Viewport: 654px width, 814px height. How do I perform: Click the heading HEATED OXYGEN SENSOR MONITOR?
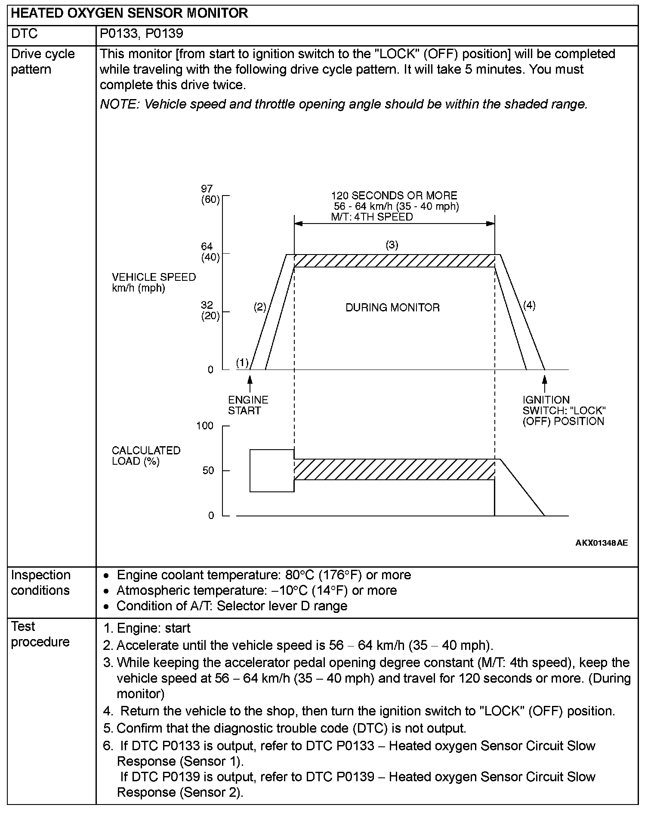tap(129, 13)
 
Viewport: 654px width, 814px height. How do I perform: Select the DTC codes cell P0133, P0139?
tap(142, 34)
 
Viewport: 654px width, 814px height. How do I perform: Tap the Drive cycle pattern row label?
tap(43, 62)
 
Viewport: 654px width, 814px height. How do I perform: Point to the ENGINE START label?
tap(247, 405)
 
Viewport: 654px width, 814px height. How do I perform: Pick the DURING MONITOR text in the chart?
tap(392, 308)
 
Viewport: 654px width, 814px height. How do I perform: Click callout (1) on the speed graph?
tap(242, 363)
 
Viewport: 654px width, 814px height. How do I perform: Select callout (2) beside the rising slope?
tap(259, 307)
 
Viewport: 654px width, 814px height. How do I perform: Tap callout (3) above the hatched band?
tap(392, 245)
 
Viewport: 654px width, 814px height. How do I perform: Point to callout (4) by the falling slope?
tap(529, 305)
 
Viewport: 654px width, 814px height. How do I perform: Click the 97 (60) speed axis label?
tap(210, 194)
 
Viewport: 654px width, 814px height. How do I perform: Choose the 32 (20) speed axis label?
tap(210, 311)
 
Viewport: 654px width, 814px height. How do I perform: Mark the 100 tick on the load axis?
tap(205, 426)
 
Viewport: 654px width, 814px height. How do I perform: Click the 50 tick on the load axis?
tap(208, 470)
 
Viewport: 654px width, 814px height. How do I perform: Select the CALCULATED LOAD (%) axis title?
tap(146, 456)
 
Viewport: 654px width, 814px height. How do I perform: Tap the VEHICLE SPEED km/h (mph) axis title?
tap(154, 283)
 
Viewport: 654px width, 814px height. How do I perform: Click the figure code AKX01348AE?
tap(601, 543)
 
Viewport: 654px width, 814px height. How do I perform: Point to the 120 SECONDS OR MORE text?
tap(394, 196)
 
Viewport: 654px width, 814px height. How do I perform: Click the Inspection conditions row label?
tap(40, 582)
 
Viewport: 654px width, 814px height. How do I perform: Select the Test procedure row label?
tap(40, 634)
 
